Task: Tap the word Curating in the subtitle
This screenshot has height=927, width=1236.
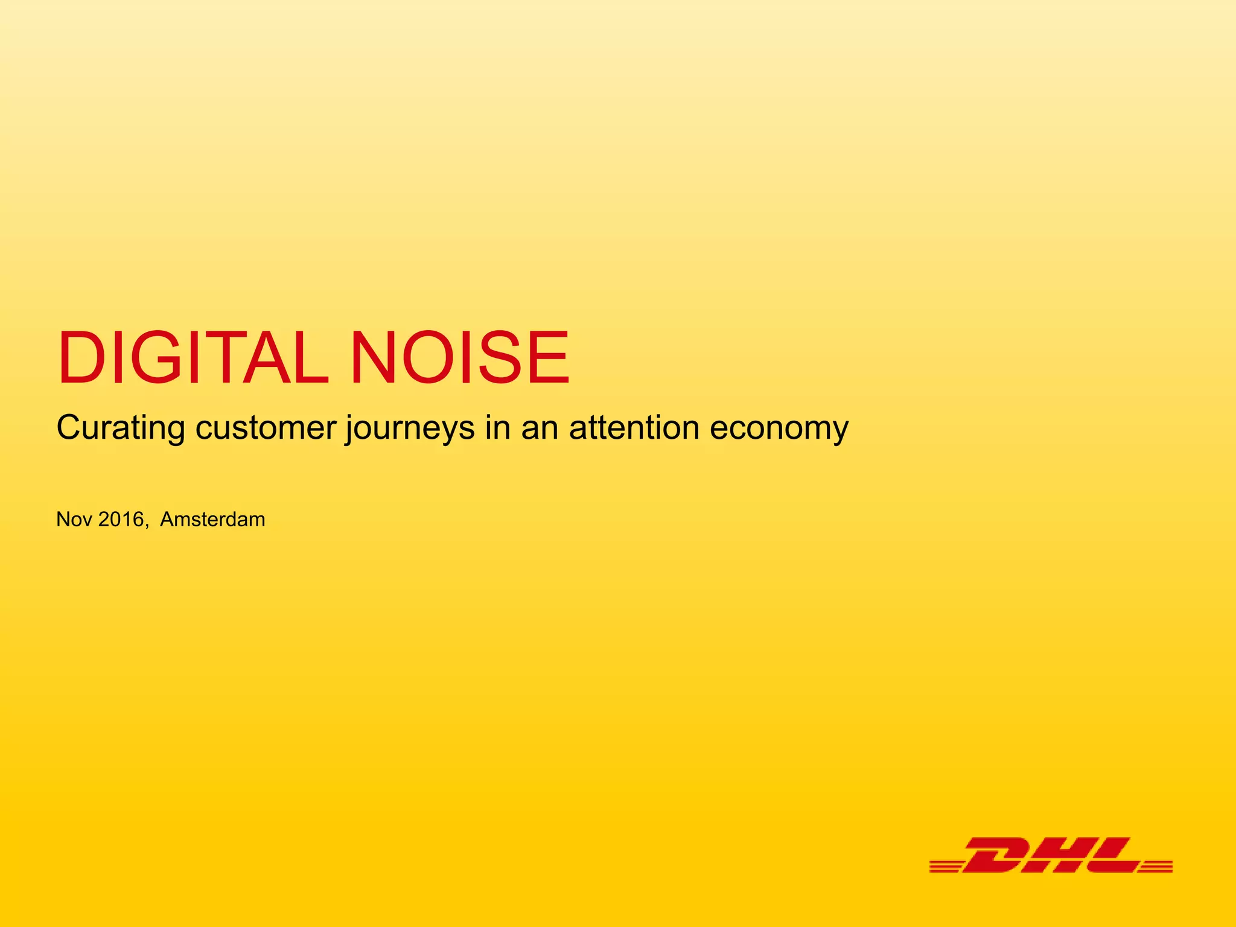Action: tap(121, 428)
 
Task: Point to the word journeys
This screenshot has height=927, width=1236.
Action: tap(410, 430)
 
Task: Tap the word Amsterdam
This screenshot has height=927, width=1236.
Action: tap(212, 520)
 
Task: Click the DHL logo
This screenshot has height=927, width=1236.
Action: tap(1051, 855)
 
